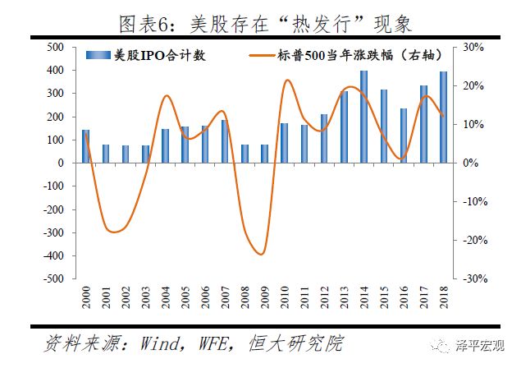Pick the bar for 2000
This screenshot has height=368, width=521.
(x=85, y=146)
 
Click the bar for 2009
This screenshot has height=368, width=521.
(x=264, y=154)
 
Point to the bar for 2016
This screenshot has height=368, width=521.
(x=404, y=136)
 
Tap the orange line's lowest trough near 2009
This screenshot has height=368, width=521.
(x=262, y=254)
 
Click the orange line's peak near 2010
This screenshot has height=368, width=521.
(x=287, y=80)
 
